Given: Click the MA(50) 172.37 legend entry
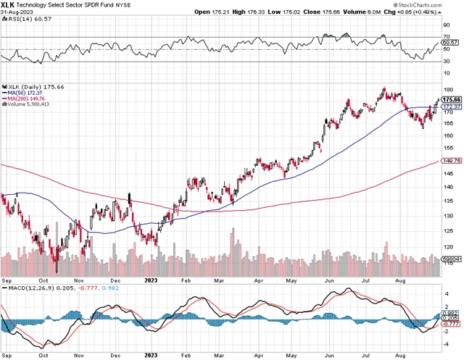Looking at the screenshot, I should coord(28,93).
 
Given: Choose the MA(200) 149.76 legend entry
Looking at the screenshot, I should coord(29,99).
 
